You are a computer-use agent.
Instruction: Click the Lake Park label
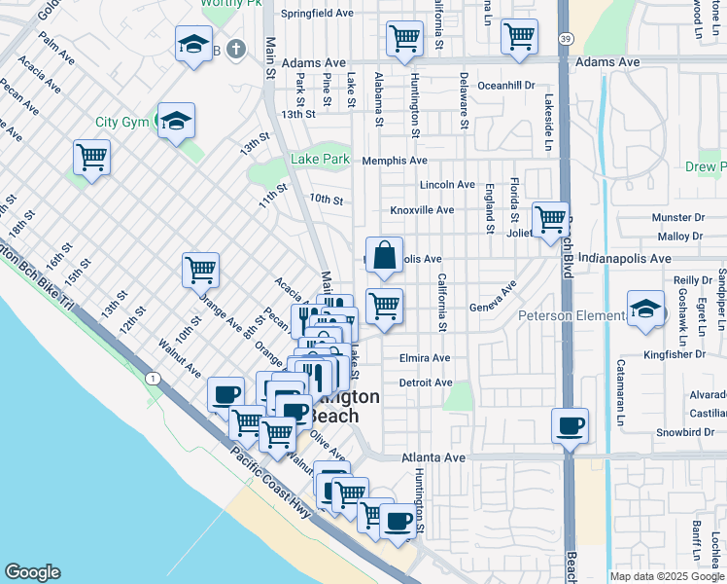[320, 159]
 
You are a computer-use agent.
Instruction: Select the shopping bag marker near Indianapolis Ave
[385, 256]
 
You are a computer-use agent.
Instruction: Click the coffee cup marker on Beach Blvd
[570, 426]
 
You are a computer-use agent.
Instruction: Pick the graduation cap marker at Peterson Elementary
[645, 310]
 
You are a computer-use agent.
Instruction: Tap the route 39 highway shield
[566, 38]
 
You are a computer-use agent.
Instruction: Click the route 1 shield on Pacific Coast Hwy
[153, 378]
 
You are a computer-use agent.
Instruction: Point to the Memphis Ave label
[395, 161]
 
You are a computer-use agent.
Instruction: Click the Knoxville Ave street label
[422, 210]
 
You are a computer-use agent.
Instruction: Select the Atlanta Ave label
[428, 456]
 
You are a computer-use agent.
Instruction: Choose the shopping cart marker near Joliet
[550, 218]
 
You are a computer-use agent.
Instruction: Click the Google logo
[32, 572]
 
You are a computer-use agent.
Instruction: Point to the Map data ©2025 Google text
[667, 576]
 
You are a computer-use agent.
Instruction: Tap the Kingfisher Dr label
[677, 354]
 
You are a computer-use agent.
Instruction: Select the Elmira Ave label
[425, 358]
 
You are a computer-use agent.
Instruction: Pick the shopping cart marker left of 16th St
[91, 157]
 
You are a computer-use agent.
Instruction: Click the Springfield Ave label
[317, 15]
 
